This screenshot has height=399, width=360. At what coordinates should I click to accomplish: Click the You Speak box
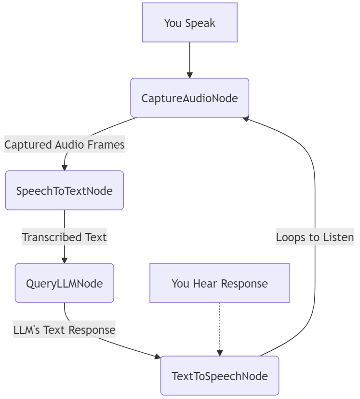pyautogui.click(x=189, y=23)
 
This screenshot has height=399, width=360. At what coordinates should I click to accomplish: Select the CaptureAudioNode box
pyautogui.click(x=189, y=98)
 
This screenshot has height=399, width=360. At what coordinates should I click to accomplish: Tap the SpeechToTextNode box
pyautogui.click(x=64, y=191)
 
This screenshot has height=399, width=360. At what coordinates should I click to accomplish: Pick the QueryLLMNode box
pyautogui.click(x=64, y=283)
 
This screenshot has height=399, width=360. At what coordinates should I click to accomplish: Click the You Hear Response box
pyautogui.click(x=219, y=283)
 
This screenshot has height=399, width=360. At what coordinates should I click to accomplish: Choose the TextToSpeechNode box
pyautogui.click(x=219, y=376)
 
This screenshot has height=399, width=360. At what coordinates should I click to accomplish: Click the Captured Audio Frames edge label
pyautogui.click(x=65, y=144)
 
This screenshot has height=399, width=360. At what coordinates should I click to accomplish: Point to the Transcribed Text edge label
pyautogui.click(x=64, y=237)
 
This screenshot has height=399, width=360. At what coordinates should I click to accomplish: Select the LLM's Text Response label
pyautogui.click(x=64, y=330)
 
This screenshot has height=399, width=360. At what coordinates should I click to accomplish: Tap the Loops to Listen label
pyautogui.click(x=315, y=237)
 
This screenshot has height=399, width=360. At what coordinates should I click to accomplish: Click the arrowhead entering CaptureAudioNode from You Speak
pyautogui.click(x=189, y=75)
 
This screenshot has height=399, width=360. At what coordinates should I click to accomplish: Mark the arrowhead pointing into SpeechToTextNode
pyautogui.click(x=64, y=168)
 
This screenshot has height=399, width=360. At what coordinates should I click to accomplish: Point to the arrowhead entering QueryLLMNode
pyautogui.click(x=64, y=261)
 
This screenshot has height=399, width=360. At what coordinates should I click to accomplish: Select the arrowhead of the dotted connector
pyautogui.click(x=220, y=353)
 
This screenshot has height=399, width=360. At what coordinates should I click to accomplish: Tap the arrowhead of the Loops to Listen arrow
pyautogui.click(x=245, y=118)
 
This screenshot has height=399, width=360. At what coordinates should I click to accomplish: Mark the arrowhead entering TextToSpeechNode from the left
pyautogui.click(x=158, y=357)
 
